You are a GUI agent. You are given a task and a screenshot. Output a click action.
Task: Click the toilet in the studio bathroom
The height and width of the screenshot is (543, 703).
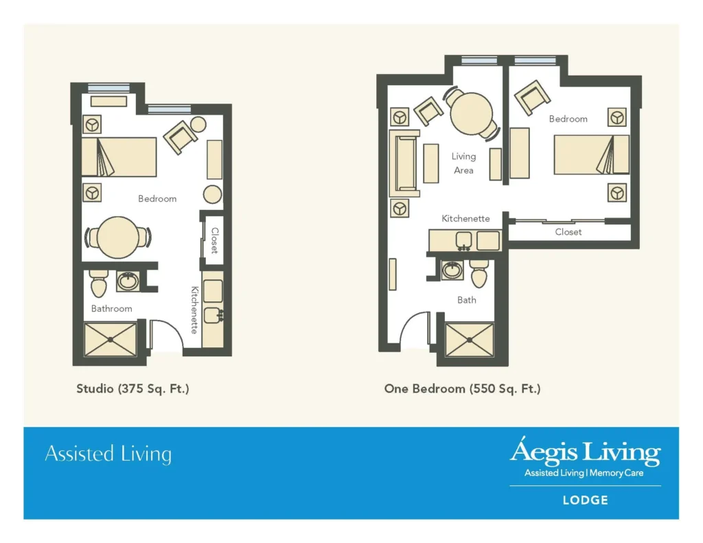[x=98, y=284]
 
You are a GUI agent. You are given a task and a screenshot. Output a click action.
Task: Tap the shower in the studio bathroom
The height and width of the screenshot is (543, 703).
[x=111, y=339]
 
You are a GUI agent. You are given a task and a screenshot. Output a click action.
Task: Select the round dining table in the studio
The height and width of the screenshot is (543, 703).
[x=118, y=238]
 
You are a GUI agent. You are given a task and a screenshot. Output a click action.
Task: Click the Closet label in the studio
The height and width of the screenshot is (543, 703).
[x=215, y=240]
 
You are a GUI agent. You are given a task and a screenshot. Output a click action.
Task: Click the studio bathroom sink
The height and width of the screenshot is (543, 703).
[x=128, y=281]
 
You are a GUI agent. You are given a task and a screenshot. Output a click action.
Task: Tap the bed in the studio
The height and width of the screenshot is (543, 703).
[x=119, y=157]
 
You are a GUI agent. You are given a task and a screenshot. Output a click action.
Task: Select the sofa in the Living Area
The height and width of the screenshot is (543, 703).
[x=404, y=163]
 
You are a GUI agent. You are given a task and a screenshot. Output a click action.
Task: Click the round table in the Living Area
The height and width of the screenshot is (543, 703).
[x=471, y=113]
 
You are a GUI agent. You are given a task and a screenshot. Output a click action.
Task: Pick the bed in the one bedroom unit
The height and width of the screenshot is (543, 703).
[x=591, y=154]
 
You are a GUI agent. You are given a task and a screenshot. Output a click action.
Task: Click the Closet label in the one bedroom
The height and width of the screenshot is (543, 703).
[x=568, y=232]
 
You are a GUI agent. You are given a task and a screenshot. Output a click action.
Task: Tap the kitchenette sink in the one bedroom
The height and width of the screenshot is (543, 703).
[x=463, y=241]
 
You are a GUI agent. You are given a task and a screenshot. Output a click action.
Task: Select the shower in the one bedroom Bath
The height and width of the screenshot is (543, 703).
[x=469, y=340]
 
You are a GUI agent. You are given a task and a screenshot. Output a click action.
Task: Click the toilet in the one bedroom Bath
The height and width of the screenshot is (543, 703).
[x=479, y=273]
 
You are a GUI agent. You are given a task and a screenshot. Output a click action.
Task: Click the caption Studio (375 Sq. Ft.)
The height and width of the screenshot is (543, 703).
[x=132, y=389]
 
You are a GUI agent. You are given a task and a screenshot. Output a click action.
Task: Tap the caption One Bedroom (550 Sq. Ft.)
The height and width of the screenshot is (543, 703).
[x=462, y=389]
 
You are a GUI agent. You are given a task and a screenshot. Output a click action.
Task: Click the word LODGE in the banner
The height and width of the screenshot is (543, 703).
[x=585, y=500]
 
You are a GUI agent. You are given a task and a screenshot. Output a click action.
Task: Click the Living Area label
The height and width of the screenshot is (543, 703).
[x=463, y=163]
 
